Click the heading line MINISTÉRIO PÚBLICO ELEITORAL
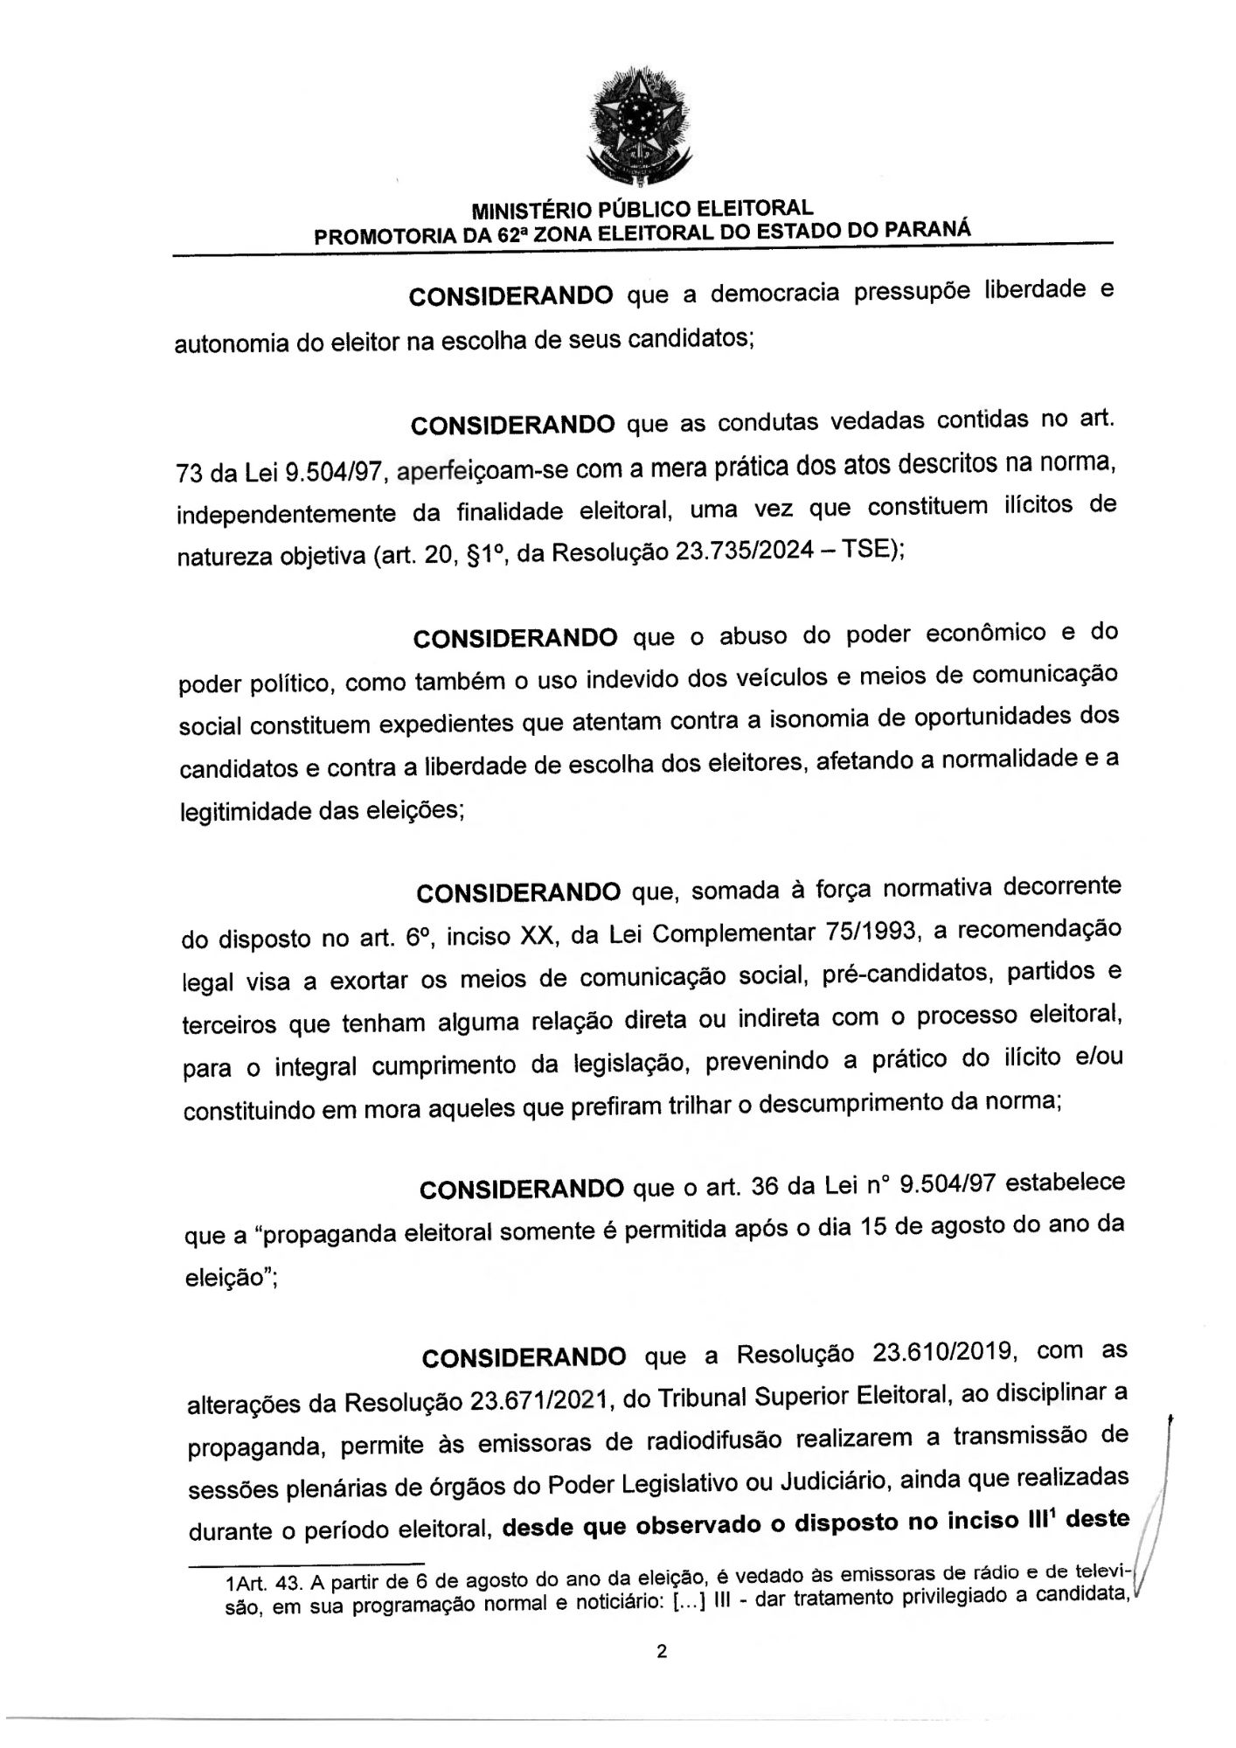click(x=642, y=209)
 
